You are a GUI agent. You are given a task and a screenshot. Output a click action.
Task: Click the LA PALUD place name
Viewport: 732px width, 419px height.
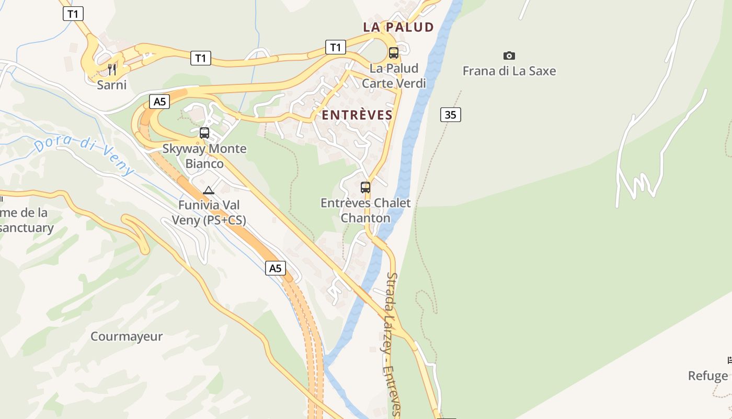(398, 27)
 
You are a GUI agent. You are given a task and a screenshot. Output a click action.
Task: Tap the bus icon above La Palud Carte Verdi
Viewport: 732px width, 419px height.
(394, 53)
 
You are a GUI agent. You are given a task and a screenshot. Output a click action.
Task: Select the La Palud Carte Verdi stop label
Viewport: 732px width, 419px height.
(394, 75)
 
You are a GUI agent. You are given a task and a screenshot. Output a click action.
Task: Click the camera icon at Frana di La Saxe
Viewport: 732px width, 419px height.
(509, 56)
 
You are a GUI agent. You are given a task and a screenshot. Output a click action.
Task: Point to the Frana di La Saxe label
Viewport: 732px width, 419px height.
(509, 71)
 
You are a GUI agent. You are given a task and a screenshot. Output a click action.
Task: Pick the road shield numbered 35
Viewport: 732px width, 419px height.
(450, 115)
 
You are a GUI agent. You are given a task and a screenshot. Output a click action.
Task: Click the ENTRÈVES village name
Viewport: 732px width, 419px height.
(357, 115)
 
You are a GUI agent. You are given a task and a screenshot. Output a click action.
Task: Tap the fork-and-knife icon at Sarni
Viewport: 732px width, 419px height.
(112, 69)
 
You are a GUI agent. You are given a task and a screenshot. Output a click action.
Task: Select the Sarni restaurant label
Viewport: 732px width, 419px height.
(112, 84)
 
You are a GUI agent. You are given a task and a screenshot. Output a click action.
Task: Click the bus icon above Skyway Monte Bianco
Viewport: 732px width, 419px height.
(204, 133)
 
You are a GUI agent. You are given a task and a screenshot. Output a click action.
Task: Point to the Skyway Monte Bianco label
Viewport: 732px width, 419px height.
(204, 156)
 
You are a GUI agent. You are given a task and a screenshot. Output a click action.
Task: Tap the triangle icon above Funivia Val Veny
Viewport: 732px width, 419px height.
(209, 190)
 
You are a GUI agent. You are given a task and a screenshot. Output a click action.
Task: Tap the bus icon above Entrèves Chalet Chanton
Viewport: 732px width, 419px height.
(365, 187)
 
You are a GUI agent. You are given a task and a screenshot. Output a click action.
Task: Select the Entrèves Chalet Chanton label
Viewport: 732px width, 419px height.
(365, 210)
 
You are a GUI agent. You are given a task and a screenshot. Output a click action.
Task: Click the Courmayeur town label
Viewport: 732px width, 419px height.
(127, 336)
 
